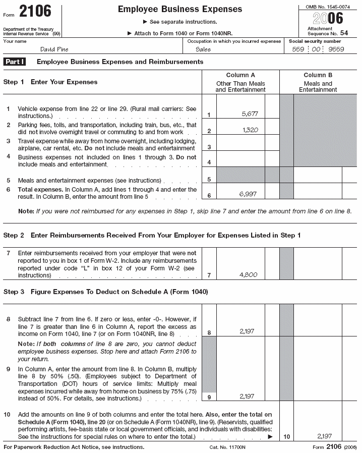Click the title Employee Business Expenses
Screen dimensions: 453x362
coord(179,10)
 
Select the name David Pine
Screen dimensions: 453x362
coord(54,49)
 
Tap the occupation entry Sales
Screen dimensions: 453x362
coord(203,49)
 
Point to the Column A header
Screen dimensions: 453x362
coord(240,75)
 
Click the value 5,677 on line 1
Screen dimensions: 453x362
coord(250,114)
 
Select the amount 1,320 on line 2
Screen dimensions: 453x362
coord(250,130)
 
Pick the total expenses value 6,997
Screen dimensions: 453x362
coord(250,194)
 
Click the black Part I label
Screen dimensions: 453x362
coord(15,62)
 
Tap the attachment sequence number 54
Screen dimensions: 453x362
coord(344,33)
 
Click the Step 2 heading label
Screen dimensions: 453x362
coord(14,236)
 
